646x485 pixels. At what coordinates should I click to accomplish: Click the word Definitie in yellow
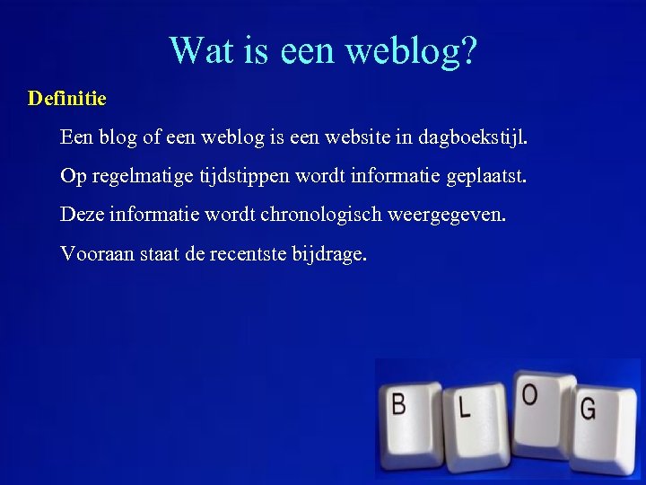point(67,98)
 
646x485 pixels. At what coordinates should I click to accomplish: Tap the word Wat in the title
point(199,50)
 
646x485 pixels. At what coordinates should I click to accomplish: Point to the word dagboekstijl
point(471,138)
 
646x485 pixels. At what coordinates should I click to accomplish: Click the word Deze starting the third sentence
point(81,215)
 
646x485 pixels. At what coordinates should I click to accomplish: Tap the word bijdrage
point(329,255)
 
